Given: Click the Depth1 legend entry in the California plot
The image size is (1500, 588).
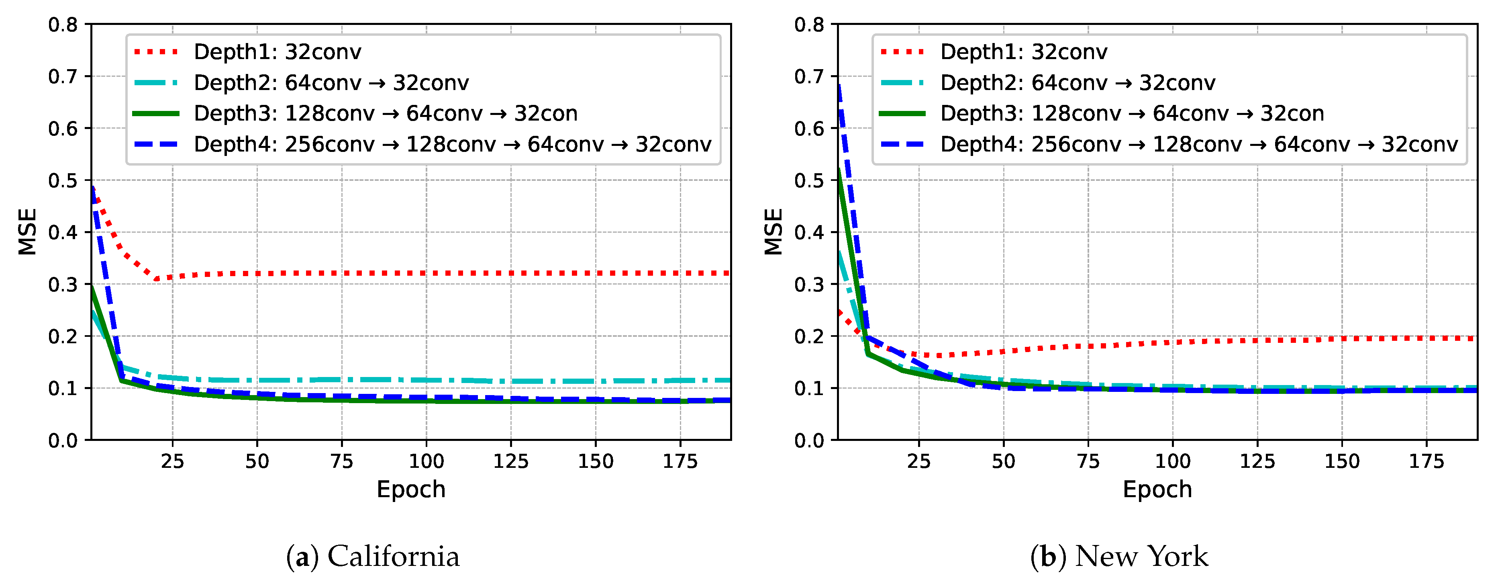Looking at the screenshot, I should point(277,52).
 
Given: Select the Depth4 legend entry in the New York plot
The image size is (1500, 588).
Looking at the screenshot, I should point(1198,144).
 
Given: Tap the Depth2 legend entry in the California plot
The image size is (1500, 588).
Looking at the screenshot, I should point(331,83).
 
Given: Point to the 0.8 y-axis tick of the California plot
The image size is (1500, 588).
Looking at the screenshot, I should point(63,25).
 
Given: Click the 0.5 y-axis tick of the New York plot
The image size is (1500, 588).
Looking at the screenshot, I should point(809,180).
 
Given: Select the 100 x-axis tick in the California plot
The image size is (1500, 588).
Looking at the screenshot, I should point(426,461).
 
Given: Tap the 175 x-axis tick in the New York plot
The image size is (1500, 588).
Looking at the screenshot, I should point(1426,461).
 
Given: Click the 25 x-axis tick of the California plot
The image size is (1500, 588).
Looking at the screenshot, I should point(172,461).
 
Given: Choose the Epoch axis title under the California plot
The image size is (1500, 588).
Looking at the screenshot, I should point(411,490).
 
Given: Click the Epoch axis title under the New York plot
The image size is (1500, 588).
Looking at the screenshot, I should point(1157,490).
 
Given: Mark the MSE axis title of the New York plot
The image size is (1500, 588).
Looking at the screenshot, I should point(773,232).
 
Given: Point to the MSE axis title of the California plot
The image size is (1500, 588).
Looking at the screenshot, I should point(27,232).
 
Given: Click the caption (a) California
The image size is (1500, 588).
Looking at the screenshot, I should point(373,557).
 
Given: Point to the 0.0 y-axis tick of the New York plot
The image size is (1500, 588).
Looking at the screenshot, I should point(809,440).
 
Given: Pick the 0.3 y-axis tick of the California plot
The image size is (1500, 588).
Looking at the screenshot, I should point(63,285).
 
